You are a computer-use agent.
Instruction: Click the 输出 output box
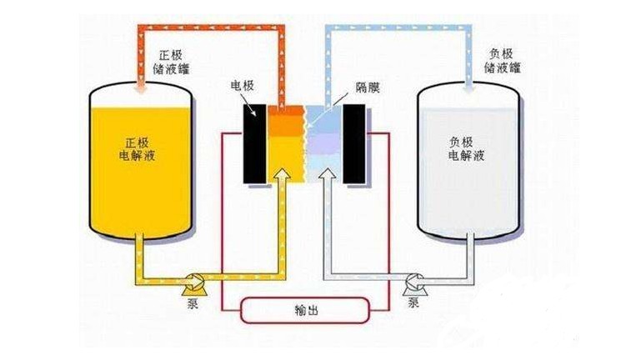coord(305,311)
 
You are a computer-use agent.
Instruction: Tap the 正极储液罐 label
coord(171,62)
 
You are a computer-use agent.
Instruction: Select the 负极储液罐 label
coord(502,61)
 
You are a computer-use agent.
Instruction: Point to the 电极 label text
coord(242,86)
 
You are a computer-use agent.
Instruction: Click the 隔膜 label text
coord(367,87)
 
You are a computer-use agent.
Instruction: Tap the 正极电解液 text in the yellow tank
coord(137,149)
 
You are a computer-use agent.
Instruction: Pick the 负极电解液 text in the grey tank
coord(467,148)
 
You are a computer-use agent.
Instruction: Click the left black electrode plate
coord(254,144)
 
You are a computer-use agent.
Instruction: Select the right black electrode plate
coord(354,144)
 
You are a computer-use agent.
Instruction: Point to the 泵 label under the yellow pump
coord(192,303)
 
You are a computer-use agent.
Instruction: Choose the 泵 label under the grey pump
coord(413,303)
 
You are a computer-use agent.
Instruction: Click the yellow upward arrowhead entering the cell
coord(283,175)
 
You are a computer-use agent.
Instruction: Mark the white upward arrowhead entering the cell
coord(328,175)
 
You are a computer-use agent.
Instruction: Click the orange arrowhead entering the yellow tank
coord(141,87)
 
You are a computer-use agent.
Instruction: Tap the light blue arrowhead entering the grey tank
coord(469,87)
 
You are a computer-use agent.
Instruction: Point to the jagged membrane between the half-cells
coord(305,144)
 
